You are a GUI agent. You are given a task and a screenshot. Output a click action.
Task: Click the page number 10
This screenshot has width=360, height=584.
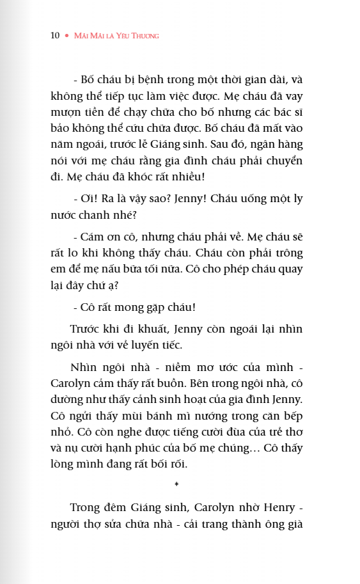click(x=55, y=36)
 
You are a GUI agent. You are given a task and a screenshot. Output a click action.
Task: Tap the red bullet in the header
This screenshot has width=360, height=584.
click(x=67, y=36)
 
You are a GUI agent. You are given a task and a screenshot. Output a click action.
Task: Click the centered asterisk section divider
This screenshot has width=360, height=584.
click(x=176, y=485)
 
